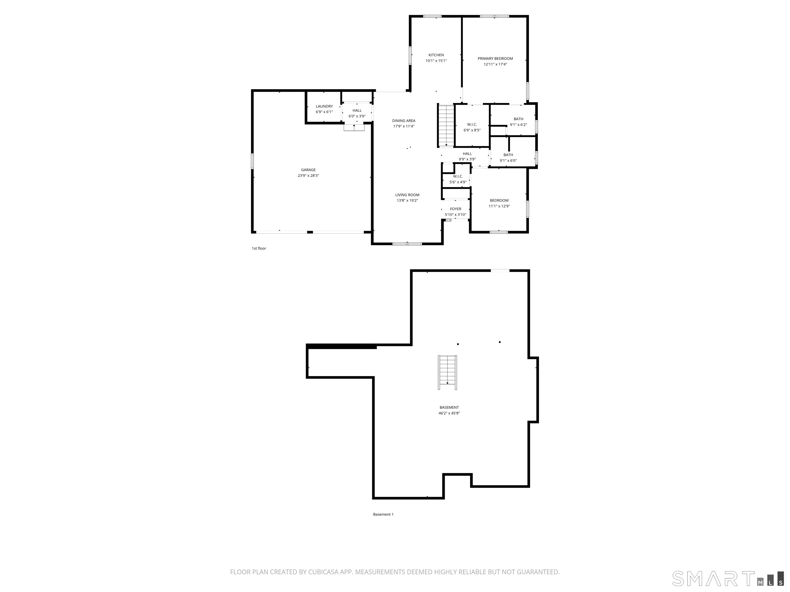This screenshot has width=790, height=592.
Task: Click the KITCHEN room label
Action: pos(436,55)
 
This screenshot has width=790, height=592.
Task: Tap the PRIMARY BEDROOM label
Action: pos(495,59)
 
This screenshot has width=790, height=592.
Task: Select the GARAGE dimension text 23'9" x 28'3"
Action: pos(308,175)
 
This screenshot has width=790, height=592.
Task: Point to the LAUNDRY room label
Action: pos(324,106)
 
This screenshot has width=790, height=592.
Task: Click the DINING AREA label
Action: pos(403,121)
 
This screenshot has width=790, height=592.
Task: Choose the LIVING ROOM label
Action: pos(407,195)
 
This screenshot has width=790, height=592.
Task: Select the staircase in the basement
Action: pos(447,373)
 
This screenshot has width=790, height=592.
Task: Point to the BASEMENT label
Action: pos(449,408)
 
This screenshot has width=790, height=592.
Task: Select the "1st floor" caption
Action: pos(259,248)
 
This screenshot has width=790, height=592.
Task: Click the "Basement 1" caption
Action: pos(383,514)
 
